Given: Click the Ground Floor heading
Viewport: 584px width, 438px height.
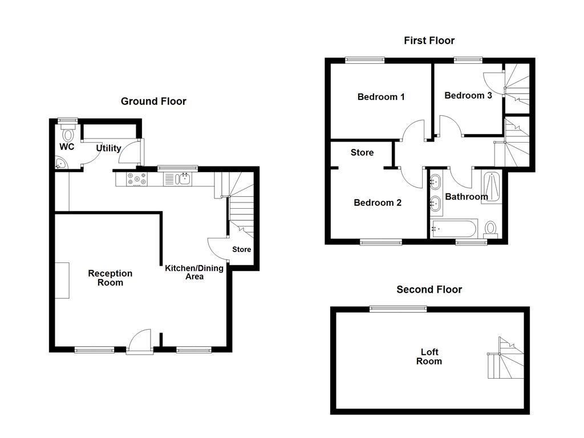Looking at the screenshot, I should point(153,102).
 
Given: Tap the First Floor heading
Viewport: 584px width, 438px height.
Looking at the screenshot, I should point(429,40).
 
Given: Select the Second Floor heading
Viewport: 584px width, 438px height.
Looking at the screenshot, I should point(429,290).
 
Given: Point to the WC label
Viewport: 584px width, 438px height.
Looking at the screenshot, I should point(67,147).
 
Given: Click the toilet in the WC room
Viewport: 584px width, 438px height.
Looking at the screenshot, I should point(68,134).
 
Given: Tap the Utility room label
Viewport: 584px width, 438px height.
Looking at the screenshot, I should point(108,148).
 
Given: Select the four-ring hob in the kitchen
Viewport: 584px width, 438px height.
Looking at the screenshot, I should point(136,179).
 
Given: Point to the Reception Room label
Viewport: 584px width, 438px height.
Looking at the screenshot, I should point(109,278).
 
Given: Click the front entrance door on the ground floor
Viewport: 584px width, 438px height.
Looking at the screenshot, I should point(139,342).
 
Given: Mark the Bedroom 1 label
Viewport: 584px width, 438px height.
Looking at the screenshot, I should point(381,97).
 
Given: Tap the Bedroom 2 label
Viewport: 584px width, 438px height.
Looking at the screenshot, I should point(378,203).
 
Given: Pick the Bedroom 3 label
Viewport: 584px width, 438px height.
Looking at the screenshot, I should point(468,95).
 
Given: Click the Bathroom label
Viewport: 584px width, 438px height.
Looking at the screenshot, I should point(466,197).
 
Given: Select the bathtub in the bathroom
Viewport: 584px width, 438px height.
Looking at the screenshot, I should point(455,229).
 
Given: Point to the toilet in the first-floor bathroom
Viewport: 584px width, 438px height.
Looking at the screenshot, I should point(490,229).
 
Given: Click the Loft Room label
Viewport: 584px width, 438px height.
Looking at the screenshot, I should point(428,356).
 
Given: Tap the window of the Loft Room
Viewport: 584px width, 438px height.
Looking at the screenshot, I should point(398,309).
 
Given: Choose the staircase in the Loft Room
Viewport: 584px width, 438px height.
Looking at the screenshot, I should point(505,359).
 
